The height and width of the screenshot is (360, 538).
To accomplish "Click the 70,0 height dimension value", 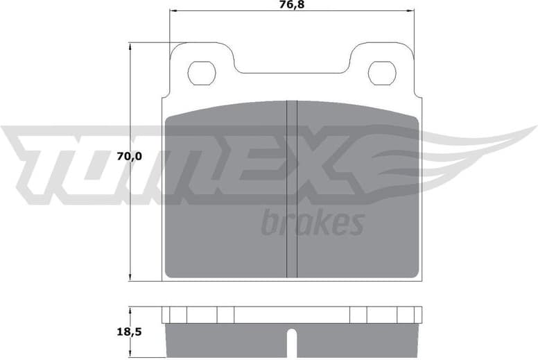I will click(x=129, y=157).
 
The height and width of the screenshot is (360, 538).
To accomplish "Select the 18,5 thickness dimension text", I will click(x=129, y=332).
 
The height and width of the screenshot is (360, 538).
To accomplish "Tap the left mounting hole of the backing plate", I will click(x=201, y=73).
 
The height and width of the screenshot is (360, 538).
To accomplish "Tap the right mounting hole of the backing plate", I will click(x=381, y=73).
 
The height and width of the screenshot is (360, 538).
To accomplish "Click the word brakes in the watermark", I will click(x=313, y=223).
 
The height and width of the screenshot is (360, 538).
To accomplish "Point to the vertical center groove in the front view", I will click(x=292, y=187).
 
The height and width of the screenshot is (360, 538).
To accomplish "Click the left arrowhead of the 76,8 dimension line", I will click(x=174, y=12).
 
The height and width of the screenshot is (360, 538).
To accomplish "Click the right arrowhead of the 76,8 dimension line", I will click(x=411, y=12).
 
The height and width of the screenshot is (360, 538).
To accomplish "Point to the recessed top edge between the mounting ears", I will click(x=292, y=71).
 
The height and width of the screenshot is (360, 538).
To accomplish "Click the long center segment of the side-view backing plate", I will click(x=292, y=314).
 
